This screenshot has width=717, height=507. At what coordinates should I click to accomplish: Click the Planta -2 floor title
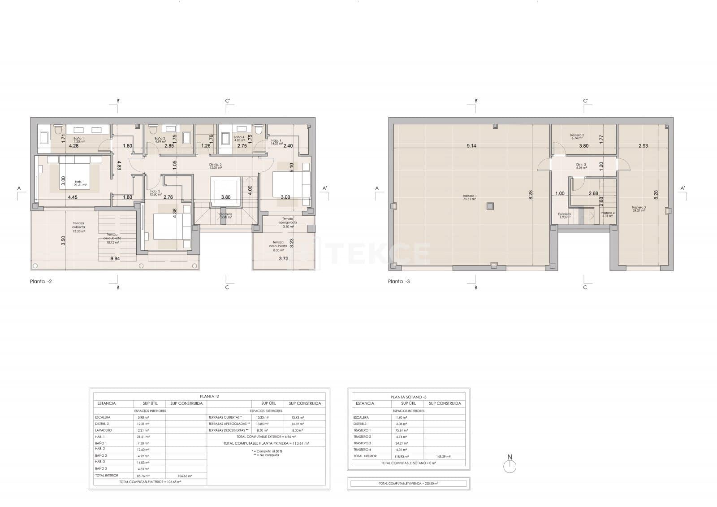tap(42, 282)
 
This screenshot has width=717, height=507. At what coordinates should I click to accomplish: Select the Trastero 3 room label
tap(638, 209)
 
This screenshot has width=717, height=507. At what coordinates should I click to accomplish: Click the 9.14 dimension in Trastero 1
tap(471, 146)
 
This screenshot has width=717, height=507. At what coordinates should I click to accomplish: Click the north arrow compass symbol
tap(510, 466)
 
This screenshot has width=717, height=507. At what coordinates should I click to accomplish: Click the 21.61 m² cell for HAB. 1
tap(143, 437)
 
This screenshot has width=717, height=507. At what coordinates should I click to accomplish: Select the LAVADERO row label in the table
tap(104, 430)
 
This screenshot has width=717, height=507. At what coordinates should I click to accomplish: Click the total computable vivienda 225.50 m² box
tap(408, 483)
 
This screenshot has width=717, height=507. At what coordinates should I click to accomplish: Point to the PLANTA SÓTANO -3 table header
tap(408, 397)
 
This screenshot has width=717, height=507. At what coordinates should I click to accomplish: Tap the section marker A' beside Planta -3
tap(682, 188)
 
